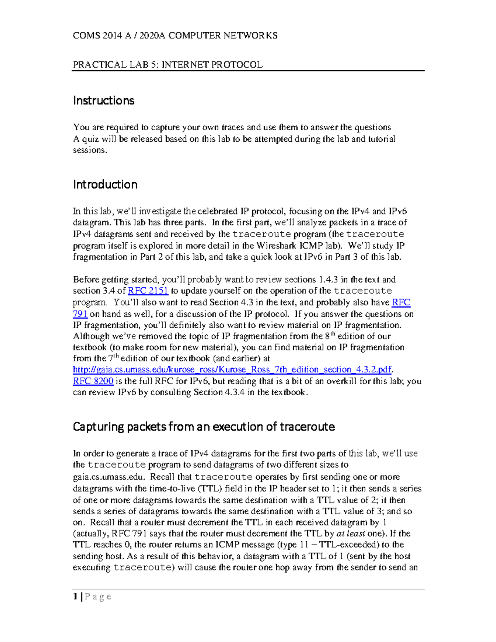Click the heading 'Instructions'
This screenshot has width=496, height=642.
103,100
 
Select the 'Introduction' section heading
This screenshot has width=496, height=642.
105,184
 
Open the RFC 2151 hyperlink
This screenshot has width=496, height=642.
148,291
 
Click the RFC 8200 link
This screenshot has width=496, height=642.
93,381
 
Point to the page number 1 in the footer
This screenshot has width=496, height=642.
75,597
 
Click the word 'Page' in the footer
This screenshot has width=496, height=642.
98,597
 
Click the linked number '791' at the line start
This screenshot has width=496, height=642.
80,314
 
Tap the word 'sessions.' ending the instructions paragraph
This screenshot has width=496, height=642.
90,150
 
